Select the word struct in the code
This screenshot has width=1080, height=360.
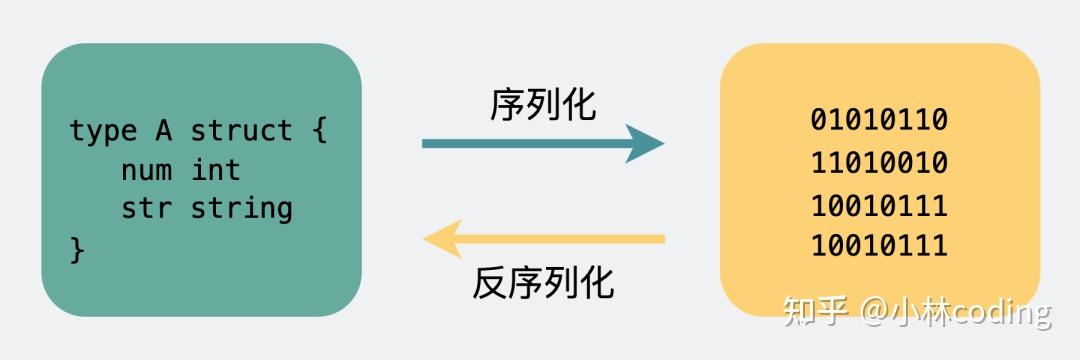pos(241,131)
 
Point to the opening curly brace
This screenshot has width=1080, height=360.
pos(318,131)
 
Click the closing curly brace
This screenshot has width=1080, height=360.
pos(78,247)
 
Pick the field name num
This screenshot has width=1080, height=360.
pos(145,170)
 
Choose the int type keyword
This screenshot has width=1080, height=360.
pos(216,170)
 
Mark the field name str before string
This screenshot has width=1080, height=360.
pos(145,208)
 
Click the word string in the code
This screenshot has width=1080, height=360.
pos(241,208)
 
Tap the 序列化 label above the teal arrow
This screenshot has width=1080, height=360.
pos(543,104)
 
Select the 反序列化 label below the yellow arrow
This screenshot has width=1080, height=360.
pos(543,284)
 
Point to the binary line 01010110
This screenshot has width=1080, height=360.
pos(879,120)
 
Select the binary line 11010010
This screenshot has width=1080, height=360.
pos(879,162)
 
